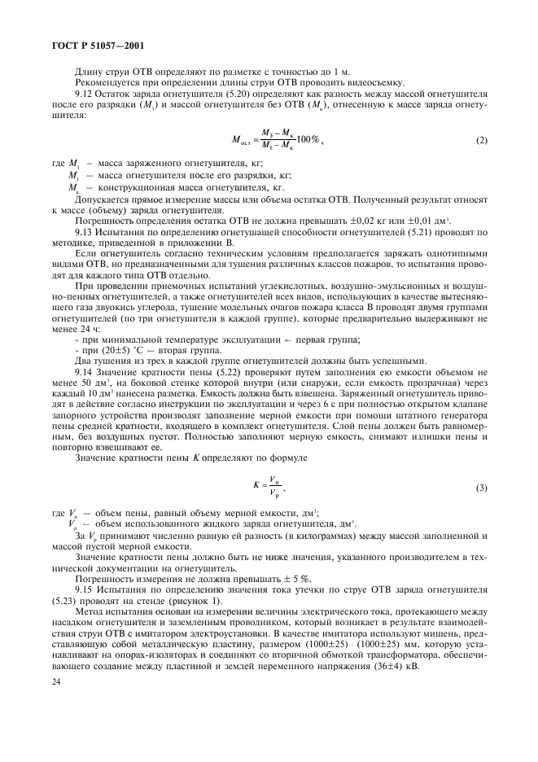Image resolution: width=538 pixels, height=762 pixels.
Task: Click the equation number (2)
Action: click(481, 141)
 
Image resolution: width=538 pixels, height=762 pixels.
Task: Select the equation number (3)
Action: click(481, 488)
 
